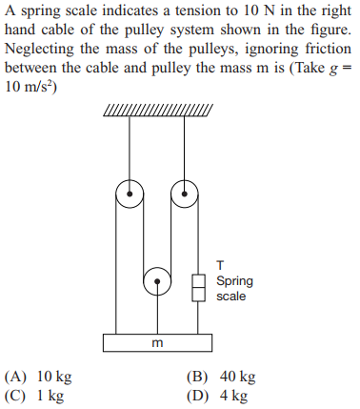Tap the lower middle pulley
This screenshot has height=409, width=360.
(x=157, y=283)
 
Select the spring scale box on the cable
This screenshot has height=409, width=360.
(x=199, y=287)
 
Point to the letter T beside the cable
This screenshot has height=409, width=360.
(x=221, y=265)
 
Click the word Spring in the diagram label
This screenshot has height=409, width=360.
(x=234, y=281)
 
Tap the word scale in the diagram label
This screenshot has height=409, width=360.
(x=230, y=297)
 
